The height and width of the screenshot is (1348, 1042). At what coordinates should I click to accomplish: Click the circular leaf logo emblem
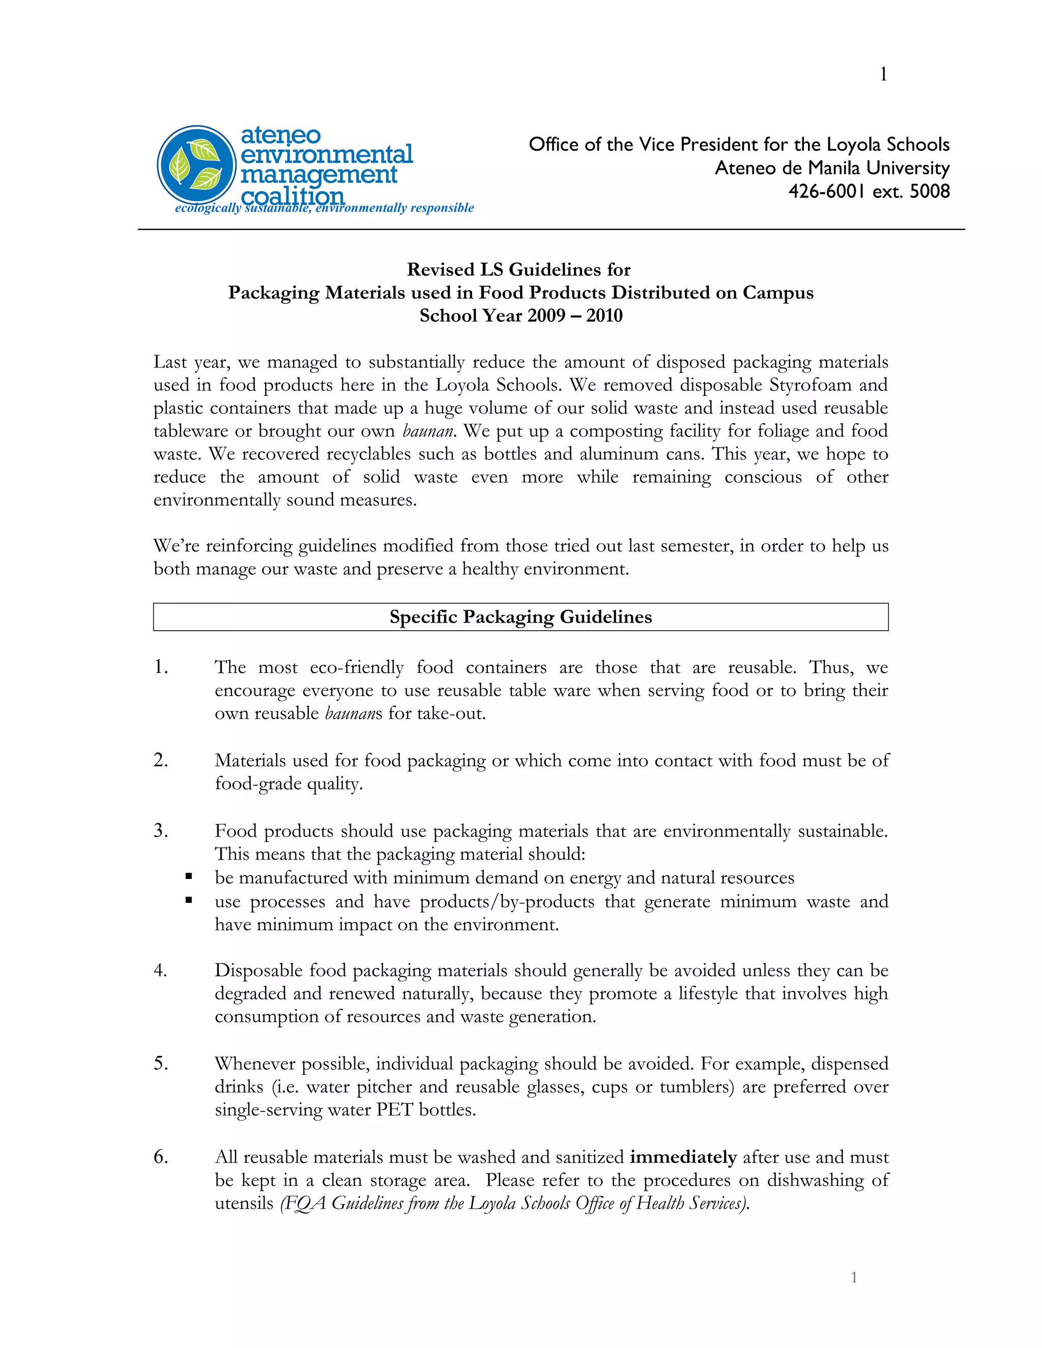(x=196, y=165)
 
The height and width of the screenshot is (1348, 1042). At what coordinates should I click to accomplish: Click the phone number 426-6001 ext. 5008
(x=869, y=191)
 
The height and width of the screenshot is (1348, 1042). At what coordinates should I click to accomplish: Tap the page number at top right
(x=883, y=75)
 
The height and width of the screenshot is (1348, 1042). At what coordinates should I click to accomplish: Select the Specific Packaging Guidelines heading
(x=520, y=617)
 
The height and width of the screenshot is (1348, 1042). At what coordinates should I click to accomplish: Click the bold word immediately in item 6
(x=683, y=1157)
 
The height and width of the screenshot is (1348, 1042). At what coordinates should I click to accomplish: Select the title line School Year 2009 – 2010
(x=520, y=316)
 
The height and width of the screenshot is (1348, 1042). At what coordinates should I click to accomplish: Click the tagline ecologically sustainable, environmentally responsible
(x=324, y=208)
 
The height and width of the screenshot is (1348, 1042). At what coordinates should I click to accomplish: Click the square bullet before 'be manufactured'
(x=189, y=876)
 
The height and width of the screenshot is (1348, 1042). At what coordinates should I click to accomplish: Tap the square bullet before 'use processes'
(x=189, y=900)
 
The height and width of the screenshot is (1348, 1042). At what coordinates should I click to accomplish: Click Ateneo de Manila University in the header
(x=831, y=168)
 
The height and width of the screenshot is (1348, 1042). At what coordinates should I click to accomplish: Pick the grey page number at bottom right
(x=854, y=1278)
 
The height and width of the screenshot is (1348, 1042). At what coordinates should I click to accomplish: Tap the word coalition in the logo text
(x=292, y=196)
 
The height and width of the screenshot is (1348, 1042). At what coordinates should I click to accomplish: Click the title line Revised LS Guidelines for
(x=518, y=270)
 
